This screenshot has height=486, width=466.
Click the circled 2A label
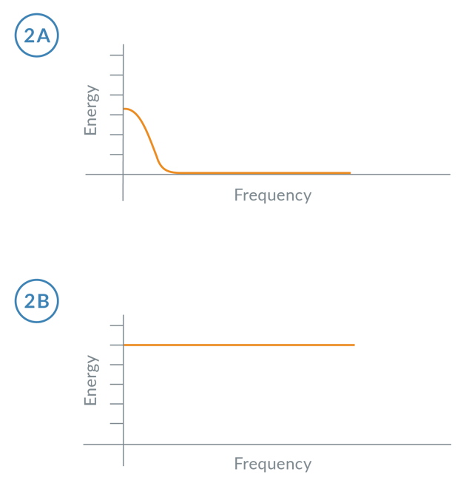36,36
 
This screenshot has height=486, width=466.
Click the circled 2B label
36,301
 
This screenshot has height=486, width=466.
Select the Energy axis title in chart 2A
91,111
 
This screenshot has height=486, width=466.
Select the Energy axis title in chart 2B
91,380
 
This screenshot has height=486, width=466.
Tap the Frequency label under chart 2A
273,195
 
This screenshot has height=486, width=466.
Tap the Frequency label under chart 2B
273,464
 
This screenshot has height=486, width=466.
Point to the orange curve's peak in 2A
125,109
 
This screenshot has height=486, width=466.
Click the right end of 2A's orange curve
351,172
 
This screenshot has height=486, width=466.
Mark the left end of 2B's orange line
125,345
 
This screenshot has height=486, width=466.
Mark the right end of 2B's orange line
354,345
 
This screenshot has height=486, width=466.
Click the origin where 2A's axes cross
123,174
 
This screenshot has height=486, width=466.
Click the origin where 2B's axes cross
123,444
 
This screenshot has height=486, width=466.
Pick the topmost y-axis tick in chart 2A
115,55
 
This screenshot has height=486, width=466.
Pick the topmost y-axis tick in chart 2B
115,325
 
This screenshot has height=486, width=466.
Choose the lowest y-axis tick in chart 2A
115,155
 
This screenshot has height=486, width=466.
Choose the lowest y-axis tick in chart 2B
115,424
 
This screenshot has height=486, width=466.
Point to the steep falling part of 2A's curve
150,144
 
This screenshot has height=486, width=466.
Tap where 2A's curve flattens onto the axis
172,172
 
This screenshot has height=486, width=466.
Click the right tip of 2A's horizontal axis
450,174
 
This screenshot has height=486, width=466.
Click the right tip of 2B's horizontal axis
450,444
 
